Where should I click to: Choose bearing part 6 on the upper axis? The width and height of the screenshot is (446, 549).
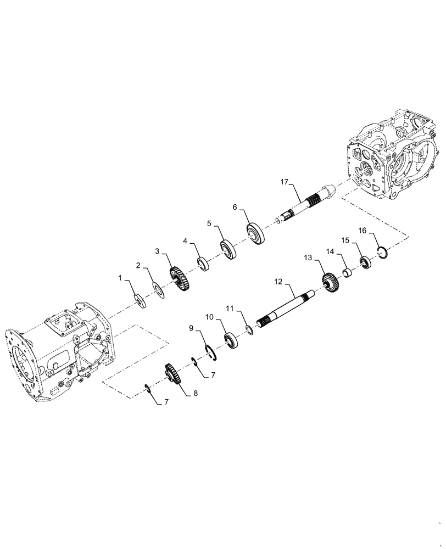point(257,234)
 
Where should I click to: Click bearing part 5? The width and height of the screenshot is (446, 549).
point(227,250)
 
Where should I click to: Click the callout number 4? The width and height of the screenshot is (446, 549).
point(186,241)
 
